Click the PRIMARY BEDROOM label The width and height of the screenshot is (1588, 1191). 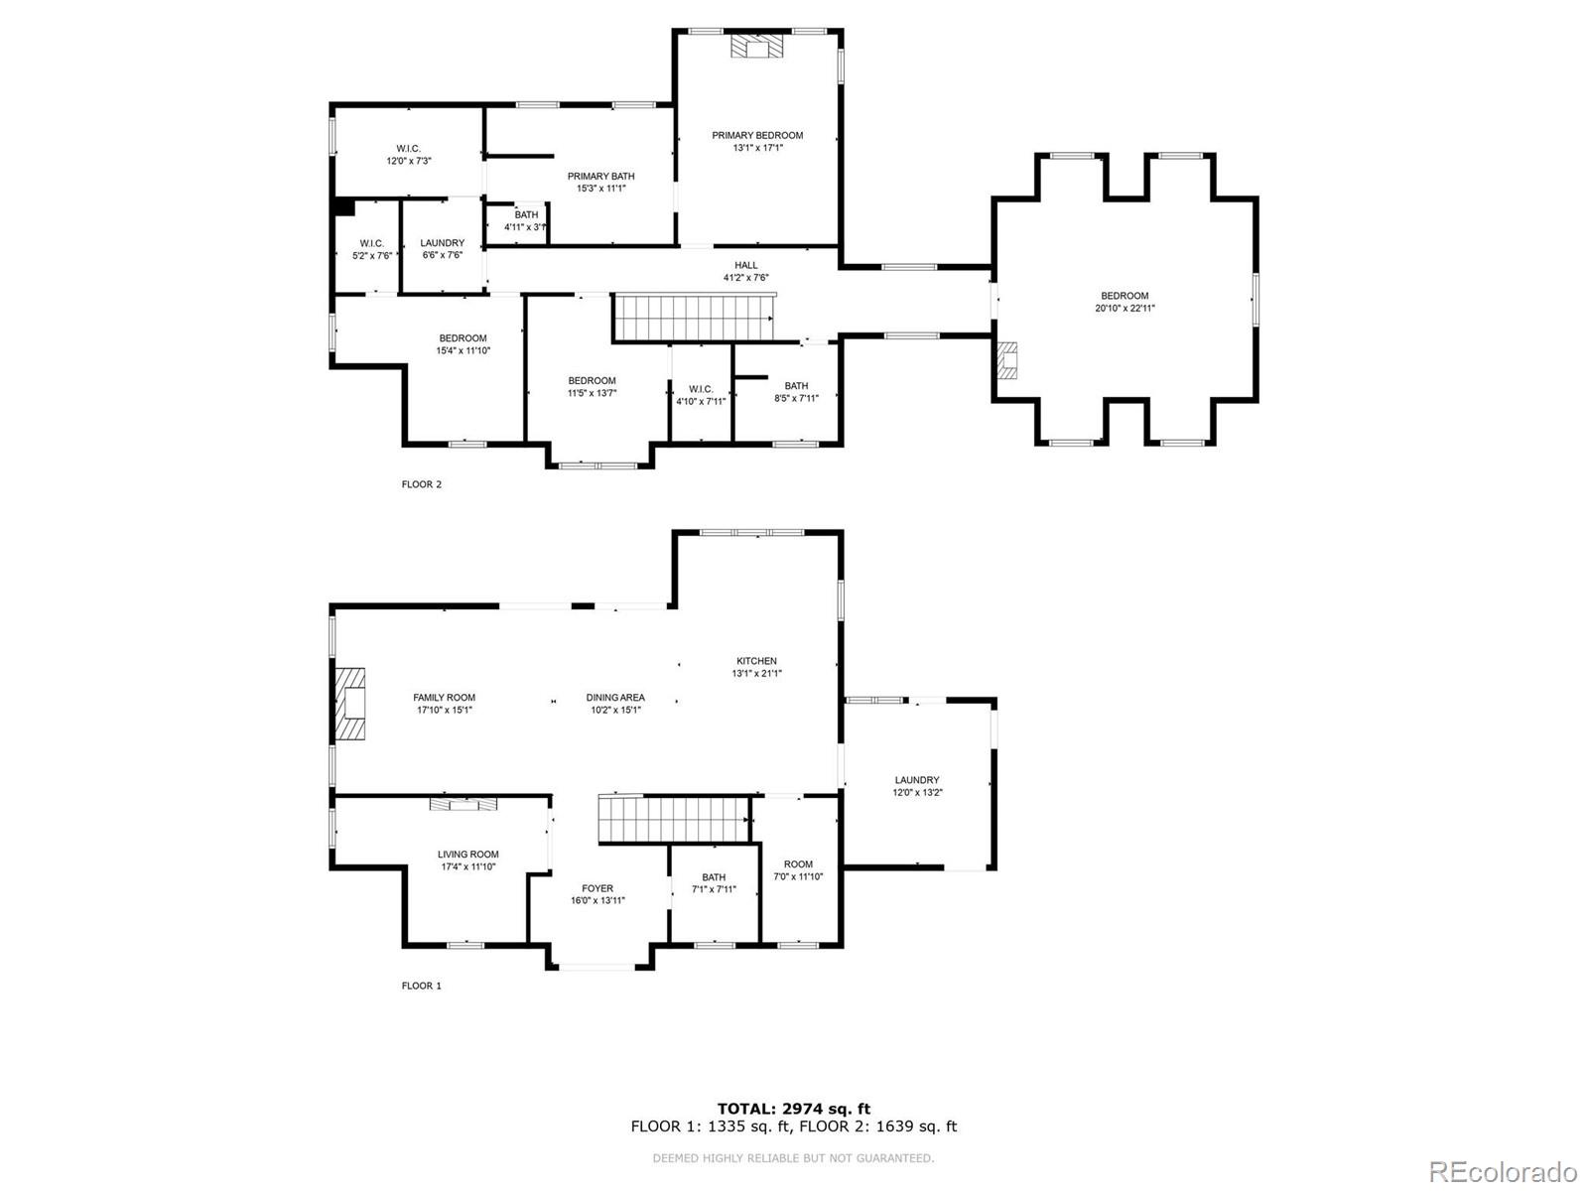[757, 135]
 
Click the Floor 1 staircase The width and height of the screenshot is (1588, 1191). [673, 821]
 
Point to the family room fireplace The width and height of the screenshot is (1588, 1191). [348, 704]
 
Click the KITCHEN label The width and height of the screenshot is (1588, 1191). [756, 661]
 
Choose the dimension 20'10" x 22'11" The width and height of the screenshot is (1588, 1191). [1125, 309]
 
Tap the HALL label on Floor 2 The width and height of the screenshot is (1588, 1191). [746, 265]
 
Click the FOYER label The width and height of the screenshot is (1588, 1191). [597, 888]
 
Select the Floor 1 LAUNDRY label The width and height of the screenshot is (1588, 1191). [916, 780]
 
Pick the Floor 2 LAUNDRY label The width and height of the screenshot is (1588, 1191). [442, 243]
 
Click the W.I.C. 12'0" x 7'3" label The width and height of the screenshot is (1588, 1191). [409, 149]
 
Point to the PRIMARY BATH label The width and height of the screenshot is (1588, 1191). [600, 176]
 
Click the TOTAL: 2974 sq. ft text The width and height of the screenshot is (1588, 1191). [794, 1109]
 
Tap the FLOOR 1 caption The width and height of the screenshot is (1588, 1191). [421, 986]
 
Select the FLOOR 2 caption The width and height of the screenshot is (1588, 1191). [421, 484]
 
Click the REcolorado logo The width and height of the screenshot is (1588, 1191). [1503, 1169]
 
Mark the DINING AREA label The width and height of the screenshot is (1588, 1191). [615, 697]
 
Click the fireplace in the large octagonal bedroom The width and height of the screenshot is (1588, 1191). [1008, 361]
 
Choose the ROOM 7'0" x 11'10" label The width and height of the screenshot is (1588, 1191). [798, 863]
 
